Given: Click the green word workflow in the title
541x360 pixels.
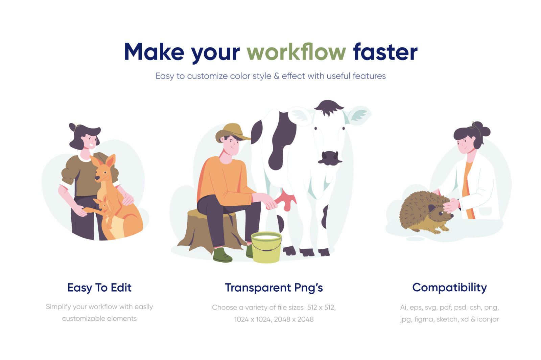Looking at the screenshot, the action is point(296,52).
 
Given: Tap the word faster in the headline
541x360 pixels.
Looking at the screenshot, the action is point(385,52).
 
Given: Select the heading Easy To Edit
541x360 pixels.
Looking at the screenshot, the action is point(99,288).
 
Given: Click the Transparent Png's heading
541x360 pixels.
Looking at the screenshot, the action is point(274,288).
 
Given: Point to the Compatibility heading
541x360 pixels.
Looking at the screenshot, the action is point(449,288).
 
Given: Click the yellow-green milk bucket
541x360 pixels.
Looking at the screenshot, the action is point(266,247).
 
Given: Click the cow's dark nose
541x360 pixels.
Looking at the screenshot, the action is point(329,158).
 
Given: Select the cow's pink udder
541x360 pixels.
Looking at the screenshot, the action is point(286,199).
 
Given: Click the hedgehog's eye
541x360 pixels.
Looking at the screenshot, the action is point(441,213).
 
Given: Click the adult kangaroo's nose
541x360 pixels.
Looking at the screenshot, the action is point(97,178).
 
